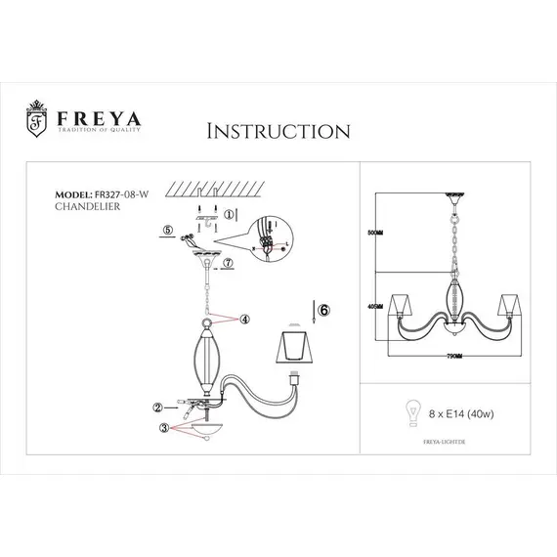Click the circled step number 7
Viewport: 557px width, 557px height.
(230, 263)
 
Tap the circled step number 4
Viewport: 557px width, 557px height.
(244, 318)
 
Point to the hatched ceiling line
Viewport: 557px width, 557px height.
(210, 190)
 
